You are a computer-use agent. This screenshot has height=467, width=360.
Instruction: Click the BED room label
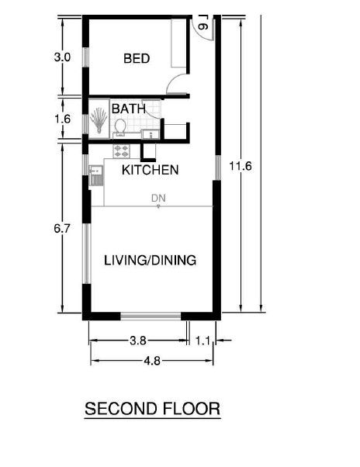[137, 58]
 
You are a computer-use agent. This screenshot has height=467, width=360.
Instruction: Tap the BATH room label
[129, 109]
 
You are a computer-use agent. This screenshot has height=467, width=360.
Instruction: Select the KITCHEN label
[150, 170]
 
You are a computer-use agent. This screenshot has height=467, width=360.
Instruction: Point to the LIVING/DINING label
[150, 261]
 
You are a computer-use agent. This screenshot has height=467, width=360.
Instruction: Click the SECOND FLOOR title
[152, 409]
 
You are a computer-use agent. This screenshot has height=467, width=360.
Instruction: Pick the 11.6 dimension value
[241, 166]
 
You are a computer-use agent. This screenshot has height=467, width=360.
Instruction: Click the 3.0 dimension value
[62, 57]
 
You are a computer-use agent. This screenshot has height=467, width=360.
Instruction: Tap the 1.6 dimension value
[63, 119]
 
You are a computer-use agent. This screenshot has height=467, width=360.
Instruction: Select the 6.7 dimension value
[62, 229]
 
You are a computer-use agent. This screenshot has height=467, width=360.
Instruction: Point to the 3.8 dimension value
[138, 341]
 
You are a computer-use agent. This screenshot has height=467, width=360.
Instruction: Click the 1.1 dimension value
[203, 341]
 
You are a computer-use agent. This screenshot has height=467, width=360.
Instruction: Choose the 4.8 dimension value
[152, 361]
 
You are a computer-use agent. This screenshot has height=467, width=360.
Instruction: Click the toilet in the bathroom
[120, 127]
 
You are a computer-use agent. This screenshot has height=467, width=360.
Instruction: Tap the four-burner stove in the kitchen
[122, 150]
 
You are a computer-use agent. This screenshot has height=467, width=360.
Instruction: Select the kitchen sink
[96, 175]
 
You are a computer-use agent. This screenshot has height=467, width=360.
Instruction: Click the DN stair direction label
[158, 199]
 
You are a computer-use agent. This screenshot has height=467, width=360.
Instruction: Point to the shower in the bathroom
[99, 119]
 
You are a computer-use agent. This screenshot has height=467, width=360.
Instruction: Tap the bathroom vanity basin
[151, 134]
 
